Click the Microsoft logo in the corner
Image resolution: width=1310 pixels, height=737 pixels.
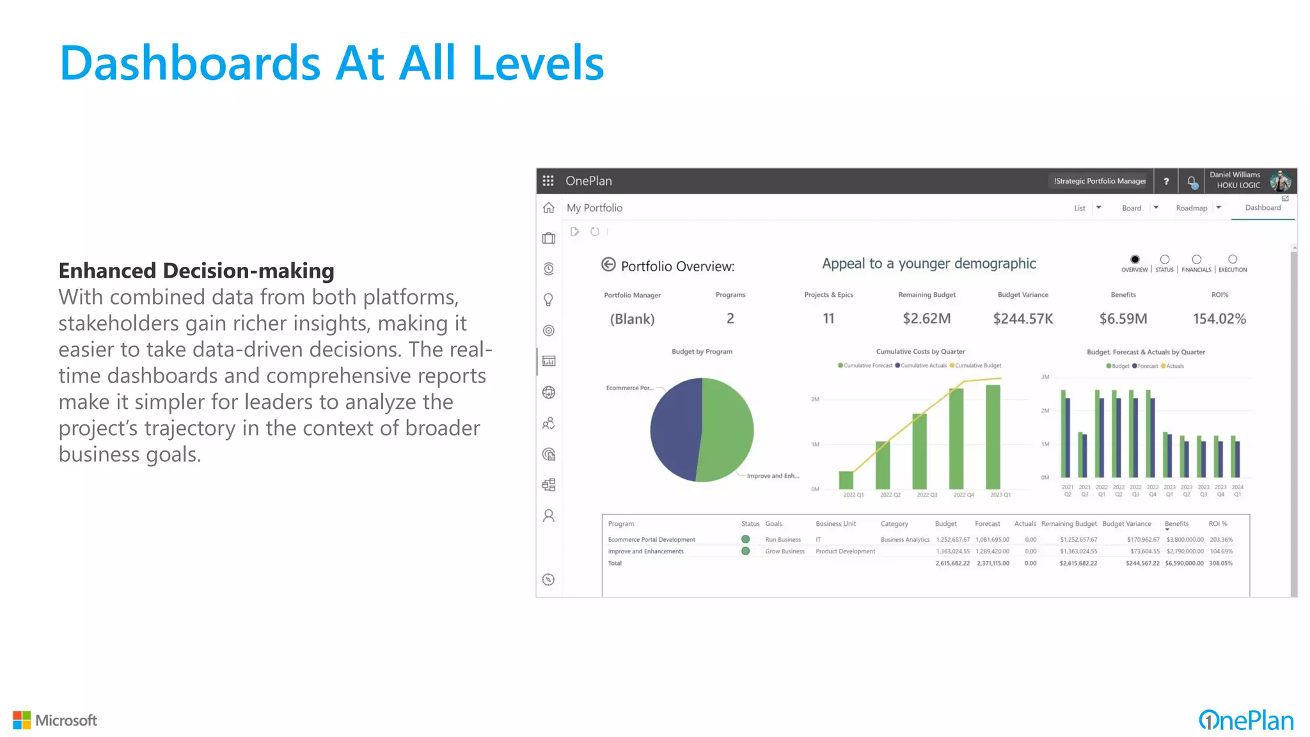pos(55,720)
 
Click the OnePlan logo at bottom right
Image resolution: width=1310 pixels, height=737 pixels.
pos(1245,721)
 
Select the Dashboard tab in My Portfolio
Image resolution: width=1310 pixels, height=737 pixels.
pos(1263,208)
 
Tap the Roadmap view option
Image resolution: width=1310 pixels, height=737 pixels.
pos(1191,209)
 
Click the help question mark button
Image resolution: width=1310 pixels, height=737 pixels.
pos(1166,182)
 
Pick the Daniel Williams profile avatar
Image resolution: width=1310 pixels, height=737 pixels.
pos(1280,181)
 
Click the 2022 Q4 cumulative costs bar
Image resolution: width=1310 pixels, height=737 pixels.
pos(956,438)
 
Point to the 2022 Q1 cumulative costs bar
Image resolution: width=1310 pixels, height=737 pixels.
pos(846,480)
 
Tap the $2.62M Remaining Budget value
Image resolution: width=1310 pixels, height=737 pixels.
pos(926,319)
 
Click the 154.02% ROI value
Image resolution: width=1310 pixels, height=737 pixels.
pos(1219,319)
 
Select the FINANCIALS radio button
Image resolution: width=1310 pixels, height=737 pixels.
pos(1196,260)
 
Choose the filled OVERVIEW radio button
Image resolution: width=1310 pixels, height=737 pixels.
pos(1135,260)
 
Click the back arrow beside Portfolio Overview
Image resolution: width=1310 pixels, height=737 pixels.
pos(608,265)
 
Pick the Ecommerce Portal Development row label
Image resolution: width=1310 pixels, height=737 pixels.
pos(651,540)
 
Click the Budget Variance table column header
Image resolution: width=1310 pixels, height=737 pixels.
pos(1126,524)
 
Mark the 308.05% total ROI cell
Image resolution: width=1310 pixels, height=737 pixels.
pos(1220,564)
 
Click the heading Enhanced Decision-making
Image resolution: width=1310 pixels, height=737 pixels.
pos(196,271)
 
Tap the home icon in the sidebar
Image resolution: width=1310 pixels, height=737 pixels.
pos(549,208)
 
